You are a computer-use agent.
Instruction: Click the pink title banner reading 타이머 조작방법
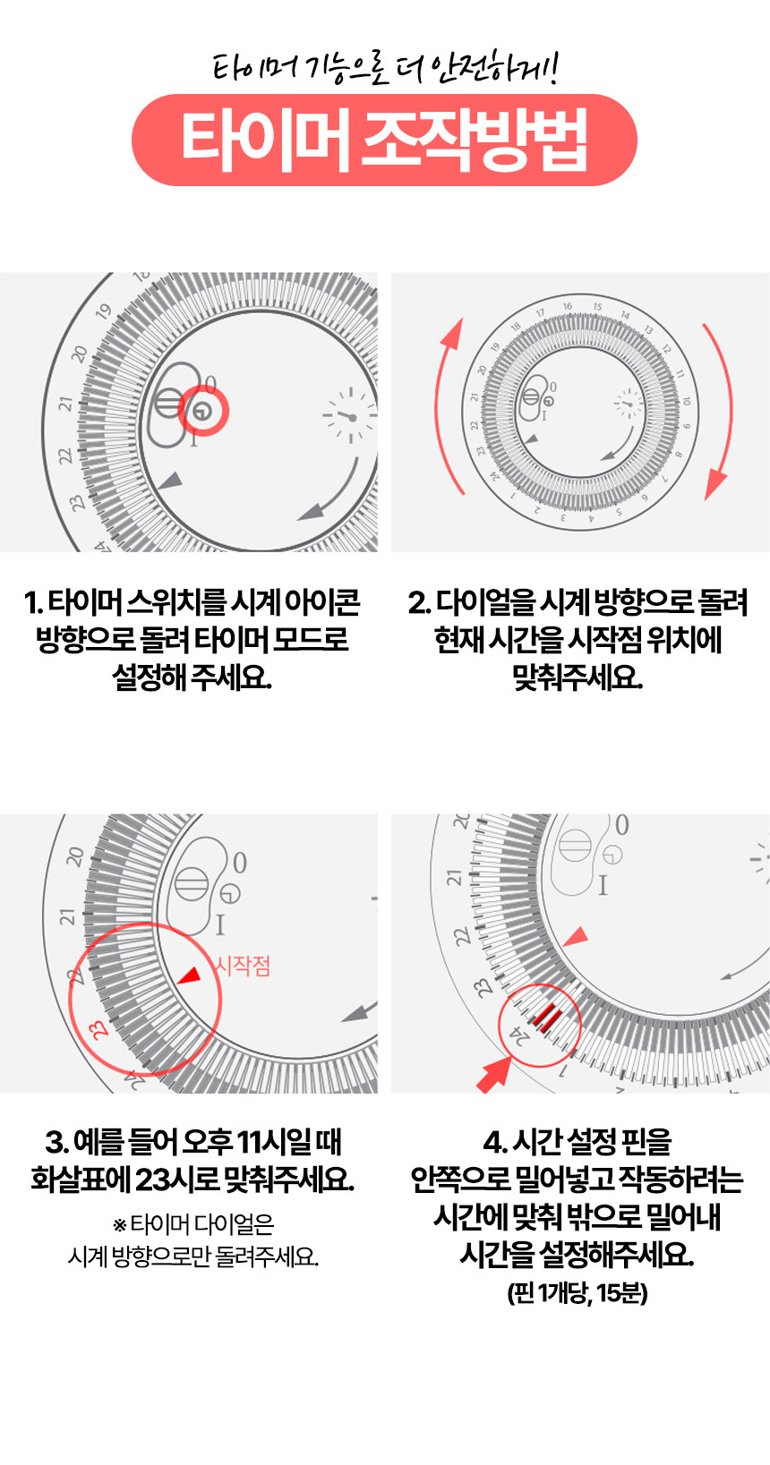point(384,140)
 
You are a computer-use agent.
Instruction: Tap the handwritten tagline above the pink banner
point(385,67)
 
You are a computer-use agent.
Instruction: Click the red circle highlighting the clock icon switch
point(203,411)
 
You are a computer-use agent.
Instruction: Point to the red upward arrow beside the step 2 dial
point(445,405)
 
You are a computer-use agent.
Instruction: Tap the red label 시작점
point(243,966)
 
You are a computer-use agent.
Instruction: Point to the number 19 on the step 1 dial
point(103,312)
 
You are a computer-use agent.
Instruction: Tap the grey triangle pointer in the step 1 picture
point(170,481)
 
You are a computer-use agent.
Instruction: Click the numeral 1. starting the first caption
point(33,602)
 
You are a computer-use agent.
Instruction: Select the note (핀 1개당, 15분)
point(577,1293)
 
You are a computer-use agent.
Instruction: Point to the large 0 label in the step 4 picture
point(621,825)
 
